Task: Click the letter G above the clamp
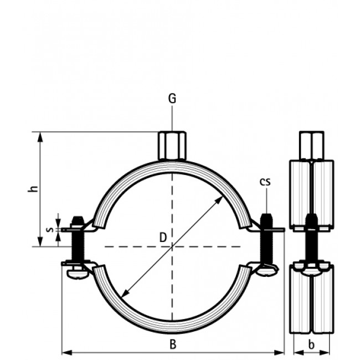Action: tap(172, 99)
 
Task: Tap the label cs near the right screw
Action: tap(266, 182)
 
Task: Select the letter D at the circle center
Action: tap(163, 238)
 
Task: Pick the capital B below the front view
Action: tap(173, 344)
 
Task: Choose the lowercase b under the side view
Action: tap(311, 344)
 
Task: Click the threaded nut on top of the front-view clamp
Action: tap(172, 146)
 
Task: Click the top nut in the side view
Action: tap(311, 145)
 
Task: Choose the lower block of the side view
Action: tap(311, 299)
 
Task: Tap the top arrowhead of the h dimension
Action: tap(40, 136)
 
